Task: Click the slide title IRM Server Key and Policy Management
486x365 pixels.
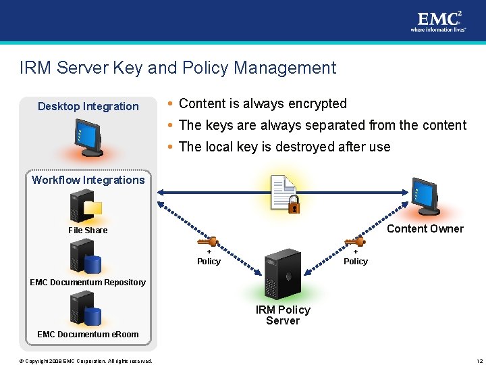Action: [x=178, y=68]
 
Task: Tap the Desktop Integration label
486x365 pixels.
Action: [x=88, y=106]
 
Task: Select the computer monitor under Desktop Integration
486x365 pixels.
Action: [x=88, y=138]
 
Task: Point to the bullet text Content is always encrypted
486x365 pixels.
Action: [x=263, y=103]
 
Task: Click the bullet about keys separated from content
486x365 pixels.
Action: [x=323, y=125]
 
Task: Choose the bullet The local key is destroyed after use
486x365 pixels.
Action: [x=284, y=147]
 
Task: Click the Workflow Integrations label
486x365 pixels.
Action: [x=88, y=180]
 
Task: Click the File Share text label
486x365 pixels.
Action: [x=88, y=230]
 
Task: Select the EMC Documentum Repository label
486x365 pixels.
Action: [x=88, y=282]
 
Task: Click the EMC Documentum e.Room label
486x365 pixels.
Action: [x=88, y=334]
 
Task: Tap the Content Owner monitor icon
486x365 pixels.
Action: [x=425, y=196]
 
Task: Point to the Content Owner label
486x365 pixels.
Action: [x=425, y=228]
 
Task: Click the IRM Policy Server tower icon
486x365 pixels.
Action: [x=282, y=274]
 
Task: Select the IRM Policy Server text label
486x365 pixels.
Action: [x=283, y=315]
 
